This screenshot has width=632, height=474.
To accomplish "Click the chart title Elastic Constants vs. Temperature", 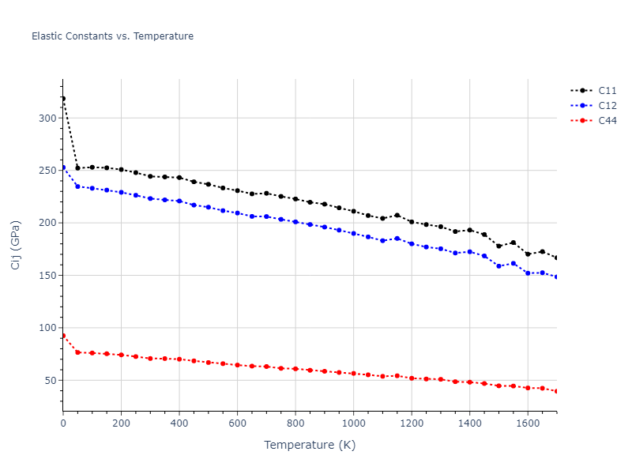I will click(112, 36).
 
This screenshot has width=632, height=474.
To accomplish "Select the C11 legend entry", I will click(607, 91).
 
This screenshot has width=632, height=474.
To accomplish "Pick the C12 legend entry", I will click(607, 106).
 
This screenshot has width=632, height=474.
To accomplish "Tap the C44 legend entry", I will click(607, 121).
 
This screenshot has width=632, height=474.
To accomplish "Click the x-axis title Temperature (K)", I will click(310, 446).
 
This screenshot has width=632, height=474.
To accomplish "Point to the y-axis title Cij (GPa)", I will click(16, 245).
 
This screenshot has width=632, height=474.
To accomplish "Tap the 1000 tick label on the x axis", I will click(353, 424).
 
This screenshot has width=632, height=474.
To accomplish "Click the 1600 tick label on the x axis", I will click(528, 424).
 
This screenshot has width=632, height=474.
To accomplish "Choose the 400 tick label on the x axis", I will click(179, 424).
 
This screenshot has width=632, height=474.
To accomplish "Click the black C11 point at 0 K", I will click(63, 99).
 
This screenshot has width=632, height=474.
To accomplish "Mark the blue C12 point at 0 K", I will click(63, 167).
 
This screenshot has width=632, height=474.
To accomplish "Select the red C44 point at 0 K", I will click(63, 336).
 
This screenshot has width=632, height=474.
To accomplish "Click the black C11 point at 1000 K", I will click(353, 212).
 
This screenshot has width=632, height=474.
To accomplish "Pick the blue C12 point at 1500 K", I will click(498, 266).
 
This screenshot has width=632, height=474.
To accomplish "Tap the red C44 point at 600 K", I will click(237, 365).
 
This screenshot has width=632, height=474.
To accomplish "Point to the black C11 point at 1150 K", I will click(397, 215).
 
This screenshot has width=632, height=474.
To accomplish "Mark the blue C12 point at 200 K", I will click(121, 192).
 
